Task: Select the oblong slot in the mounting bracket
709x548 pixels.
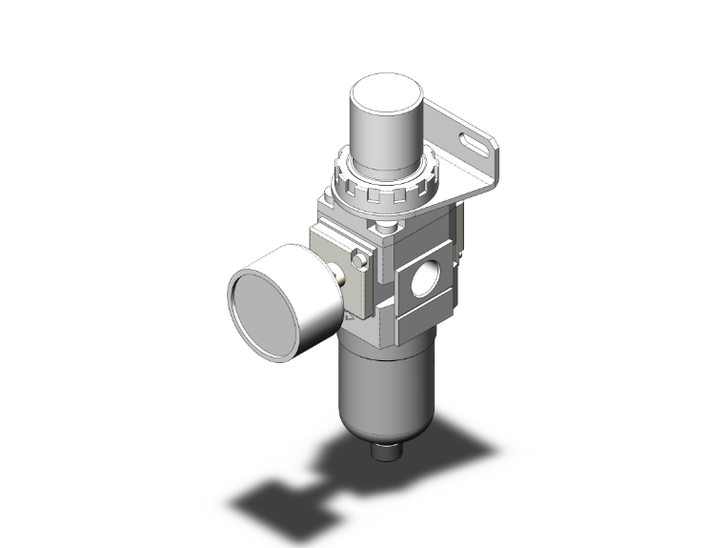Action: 472,145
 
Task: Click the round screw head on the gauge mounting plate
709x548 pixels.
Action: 361,262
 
